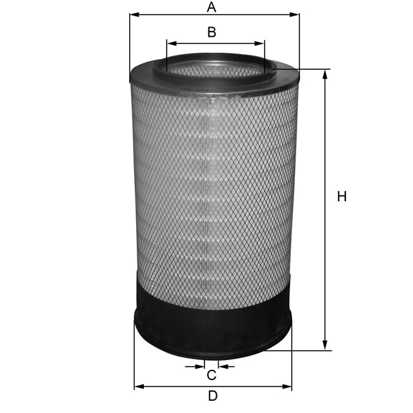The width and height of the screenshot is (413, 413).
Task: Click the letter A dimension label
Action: pos(211,7)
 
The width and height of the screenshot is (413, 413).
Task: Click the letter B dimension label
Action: pos(211,32)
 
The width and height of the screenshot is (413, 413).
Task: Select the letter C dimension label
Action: pos(211,376)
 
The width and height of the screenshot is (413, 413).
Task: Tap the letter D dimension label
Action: pos(212,396)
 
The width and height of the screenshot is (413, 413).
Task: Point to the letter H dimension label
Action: pos(342,197)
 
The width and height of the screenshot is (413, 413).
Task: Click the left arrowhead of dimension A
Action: pos(133,14)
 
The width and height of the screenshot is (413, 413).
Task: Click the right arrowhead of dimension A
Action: pos(296,14)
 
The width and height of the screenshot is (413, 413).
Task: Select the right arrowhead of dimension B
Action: pos(261,44)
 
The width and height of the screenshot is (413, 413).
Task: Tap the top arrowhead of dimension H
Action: pos(325,73)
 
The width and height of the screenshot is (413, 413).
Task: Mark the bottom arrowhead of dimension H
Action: pos(325,347)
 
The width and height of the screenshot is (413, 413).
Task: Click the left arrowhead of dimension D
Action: pos(138,387)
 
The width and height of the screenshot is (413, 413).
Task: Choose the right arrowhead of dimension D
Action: pos(288,387)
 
